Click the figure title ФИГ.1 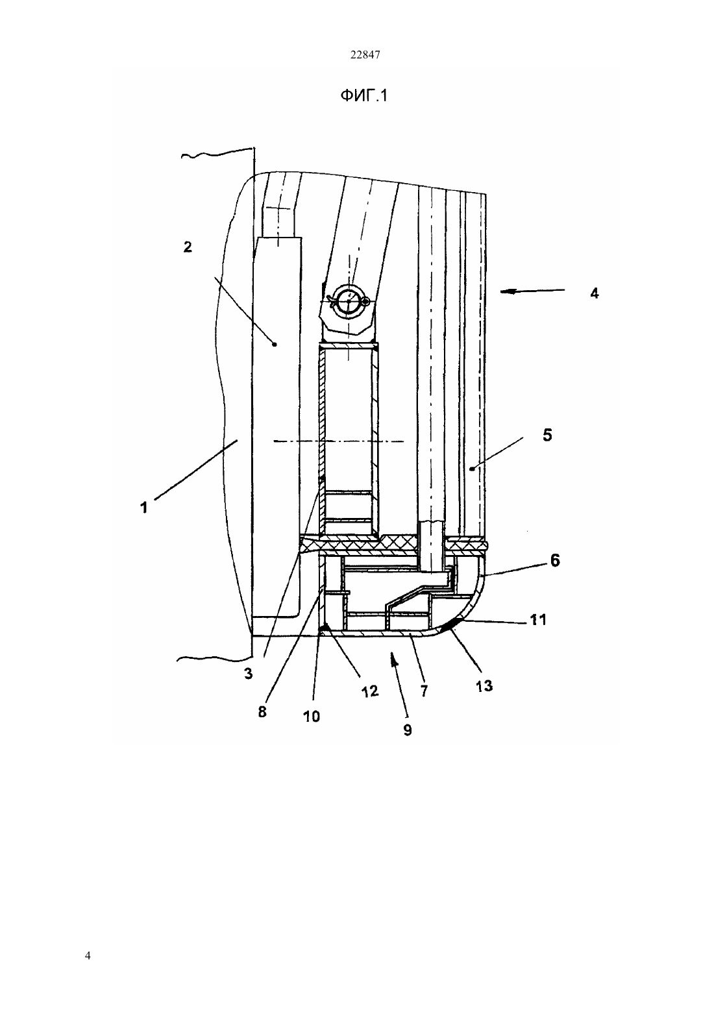363,95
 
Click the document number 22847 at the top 365,55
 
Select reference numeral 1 143,508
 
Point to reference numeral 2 188,247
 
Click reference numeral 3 249,674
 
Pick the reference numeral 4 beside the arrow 595,293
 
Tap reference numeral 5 547,435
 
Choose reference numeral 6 555,560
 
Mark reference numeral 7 424,691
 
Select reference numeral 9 408,729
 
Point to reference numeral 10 311,716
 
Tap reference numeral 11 537,619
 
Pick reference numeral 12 369,691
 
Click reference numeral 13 484,686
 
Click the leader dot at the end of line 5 471,469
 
